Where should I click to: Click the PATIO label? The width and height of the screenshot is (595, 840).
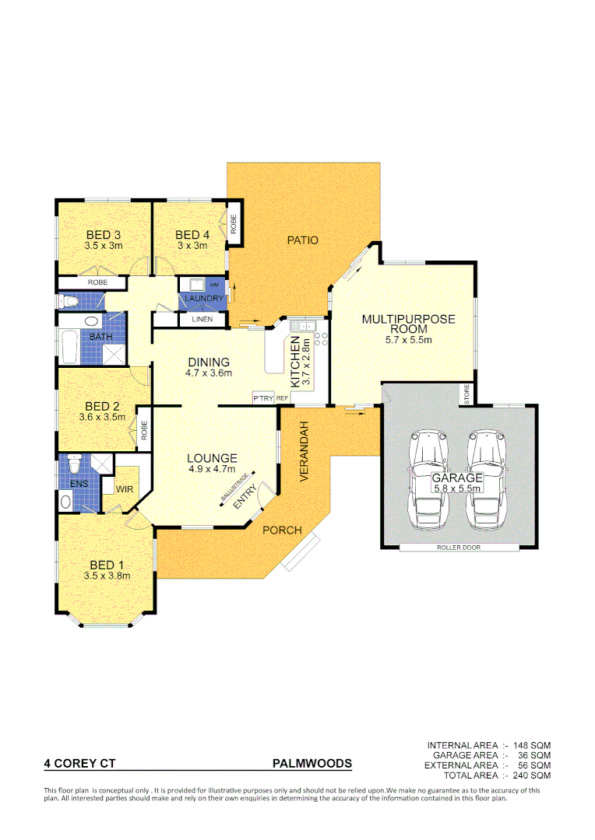[x=302, y=240]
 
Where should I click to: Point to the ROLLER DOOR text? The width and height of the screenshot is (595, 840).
[x=459, y=548]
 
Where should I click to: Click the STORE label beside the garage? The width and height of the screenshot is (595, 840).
[x=467, y=394]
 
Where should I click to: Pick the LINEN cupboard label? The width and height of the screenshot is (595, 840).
[x=202, y=319]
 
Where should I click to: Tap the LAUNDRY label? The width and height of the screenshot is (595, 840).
[x=205, y=299]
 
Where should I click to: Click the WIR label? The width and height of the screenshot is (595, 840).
[x=125, y=489]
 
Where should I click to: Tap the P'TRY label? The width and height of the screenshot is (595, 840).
[x=262, y=398]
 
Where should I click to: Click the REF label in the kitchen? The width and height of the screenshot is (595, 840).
[x=282, y=398]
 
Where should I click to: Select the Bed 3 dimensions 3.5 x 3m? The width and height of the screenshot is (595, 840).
[x=104, y=246]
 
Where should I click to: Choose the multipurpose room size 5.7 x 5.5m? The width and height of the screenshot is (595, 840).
[x=408, y=340]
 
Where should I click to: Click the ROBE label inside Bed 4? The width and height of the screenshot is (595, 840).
[x=233, y=223]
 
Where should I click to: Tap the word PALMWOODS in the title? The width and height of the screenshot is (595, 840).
[x=312, y=764]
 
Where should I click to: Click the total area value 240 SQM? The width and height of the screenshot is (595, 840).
[x=532, y=775]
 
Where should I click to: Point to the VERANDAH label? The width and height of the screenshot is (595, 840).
[x=306, y=452]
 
